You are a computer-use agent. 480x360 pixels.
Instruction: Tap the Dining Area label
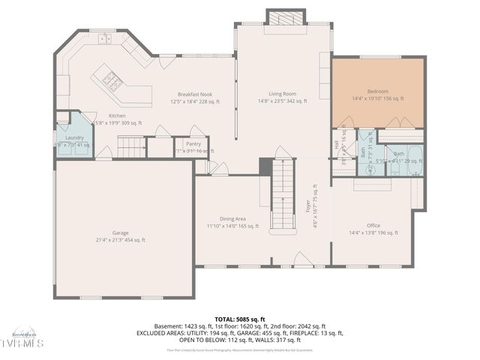click(x=226, y=218)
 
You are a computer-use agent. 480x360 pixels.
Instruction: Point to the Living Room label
click(x=283, y=93)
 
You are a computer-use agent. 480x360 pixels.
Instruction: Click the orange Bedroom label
click(x=378, y=91)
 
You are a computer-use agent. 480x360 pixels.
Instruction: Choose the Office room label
click(x=373, y=225)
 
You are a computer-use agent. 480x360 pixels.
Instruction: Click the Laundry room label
click(x=74, y=138)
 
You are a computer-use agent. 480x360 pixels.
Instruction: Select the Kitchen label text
click(x=117, y=115)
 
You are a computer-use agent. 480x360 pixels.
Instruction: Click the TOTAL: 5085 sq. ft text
click(x=239, y=319)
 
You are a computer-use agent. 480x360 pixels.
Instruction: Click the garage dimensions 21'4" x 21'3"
click(x=120, y=240)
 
